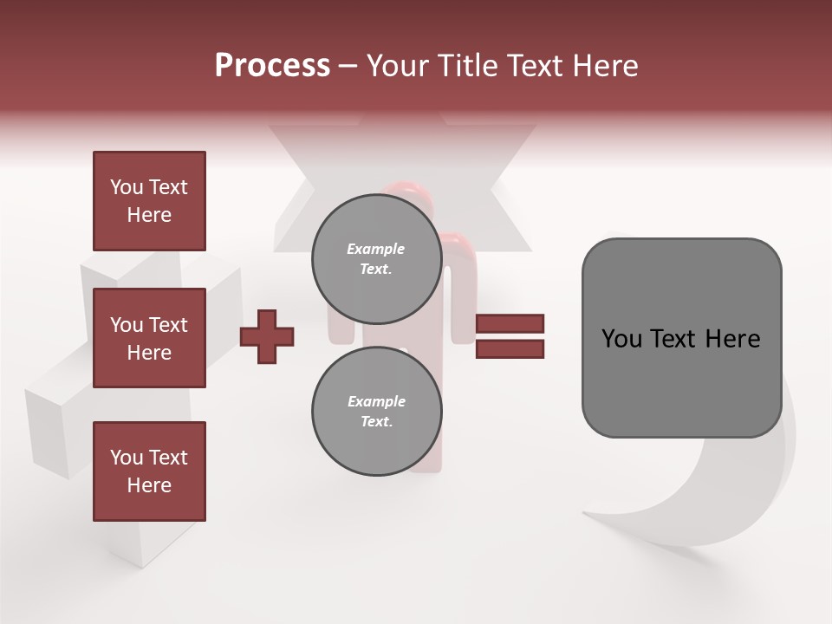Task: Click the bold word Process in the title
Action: coord(272,66)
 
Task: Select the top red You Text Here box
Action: coord(149,201)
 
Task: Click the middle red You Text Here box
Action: coord(149,338)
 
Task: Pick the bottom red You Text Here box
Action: coord(149,471)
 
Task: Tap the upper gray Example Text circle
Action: coord(376,259)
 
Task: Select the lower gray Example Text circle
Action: coord(376,411)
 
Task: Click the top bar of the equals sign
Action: coord(510,324)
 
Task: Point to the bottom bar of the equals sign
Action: coord(510,349)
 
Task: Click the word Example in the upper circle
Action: coord(376,250)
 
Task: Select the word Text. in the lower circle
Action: coord(376,422)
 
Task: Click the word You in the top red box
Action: coord(127,187)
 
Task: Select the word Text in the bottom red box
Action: coord(167,458)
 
